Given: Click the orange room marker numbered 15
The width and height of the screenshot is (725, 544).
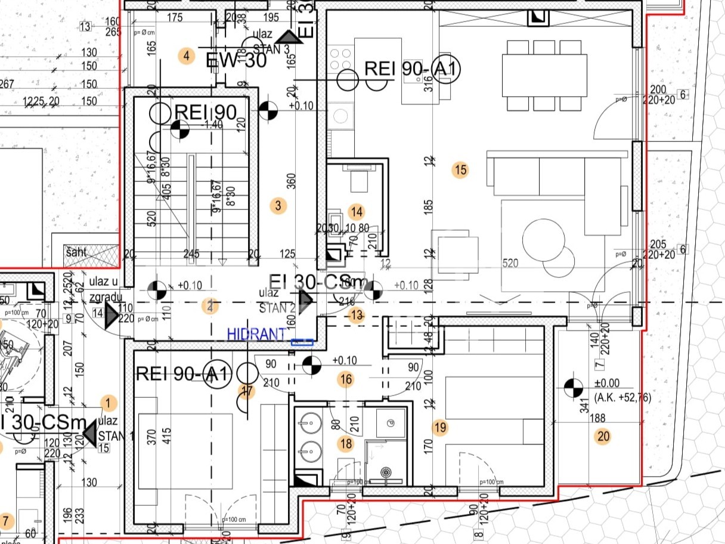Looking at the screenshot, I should tap(460, 170).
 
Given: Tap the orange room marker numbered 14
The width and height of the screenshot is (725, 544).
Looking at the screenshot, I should tap(357, 212).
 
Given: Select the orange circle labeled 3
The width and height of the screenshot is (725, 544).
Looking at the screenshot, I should tap(278, 206).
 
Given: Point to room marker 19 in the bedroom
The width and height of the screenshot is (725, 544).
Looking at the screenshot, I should tap(441, 427).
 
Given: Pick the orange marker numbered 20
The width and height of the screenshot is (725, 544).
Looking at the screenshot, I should tap(603, 437).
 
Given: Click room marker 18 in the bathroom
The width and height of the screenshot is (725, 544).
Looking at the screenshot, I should tap(346, 443).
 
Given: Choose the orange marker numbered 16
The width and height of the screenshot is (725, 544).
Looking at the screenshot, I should tap(346, 379).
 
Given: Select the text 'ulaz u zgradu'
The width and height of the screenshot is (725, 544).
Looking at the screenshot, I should tap(106, 289).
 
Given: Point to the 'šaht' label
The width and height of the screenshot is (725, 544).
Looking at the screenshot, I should tap(76, 252).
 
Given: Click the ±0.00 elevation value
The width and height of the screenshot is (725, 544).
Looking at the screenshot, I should tap(607, 384).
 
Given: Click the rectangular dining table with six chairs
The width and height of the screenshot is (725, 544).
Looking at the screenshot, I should tap(544, 76).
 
